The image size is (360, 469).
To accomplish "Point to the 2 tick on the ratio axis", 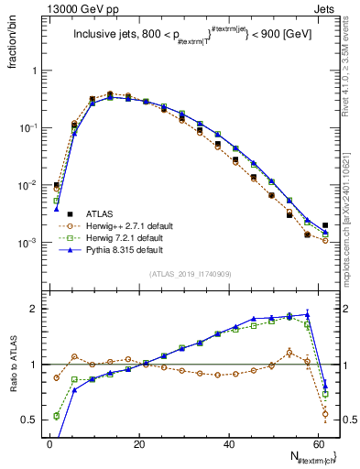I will [x=37, y=309].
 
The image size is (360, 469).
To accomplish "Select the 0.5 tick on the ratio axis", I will [x=32, y=420].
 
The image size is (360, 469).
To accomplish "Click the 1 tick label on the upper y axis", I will [x=37, y=71].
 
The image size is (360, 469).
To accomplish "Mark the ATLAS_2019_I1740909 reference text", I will [x=191, y=274].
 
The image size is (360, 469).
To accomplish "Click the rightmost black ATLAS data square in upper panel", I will [x=326, y=224].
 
